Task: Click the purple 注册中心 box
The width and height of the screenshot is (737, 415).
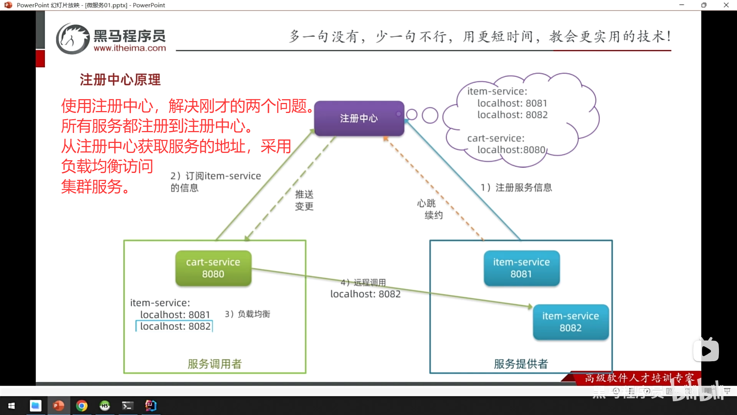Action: coord(359,118)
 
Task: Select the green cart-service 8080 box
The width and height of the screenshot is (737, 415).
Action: coord(213,268)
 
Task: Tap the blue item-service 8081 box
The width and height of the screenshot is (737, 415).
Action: coord(521,268)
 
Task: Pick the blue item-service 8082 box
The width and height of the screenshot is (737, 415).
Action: coord(570,322)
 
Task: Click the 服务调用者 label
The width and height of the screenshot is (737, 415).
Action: coord(215,364)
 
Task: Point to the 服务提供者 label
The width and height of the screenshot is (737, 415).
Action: coord(521,364)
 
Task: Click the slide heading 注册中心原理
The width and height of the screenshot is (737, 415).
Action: coord(120,80)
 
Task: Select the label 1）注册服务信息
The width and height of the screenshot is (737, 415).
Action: coord(516,188)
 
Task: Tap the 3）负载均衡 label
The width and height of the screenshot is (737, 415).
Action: coord(248,314)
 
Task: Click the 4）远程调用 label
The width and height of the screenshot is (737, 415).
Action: coord(364,282)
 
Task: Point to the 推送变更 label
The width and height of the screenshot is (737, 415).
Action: coord(304,200)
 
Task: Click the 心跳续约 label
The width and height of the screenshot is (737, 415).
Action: coord(430,209)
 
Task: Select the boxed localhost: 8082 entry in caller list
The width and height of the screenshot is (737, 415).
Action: coord(175,326)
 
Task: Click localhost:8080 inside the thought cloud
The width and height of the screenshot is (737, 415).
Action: coord(511,150)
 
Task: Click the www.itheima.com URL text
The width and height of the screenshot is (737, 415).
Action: coord(130,48)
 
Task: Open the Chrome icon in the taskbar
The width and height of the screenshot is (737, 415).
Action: coord(81,405)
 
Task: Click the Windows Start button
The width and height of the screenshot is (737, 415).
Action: coord(12,405)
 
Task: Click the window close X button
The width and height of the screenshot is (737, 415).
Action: coord(726,5)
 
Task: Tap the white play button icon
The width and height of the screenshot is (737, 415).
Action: coord(706,351)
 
